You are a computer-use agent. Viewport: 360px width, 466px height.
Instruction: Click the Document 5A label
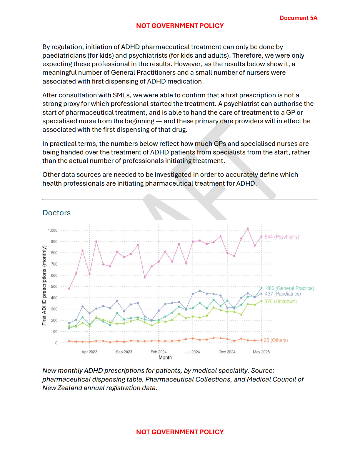tap(298, 18)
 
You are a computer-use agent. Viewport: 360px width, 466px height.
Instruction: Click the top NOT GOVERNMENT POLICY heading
tap(180, 26)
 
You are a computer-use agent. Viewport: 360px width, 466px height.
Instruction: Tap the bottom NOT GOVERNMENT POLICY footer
tap(180, 432)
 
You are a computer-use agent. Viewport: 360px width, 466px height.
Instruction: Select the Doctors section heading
tap(56, 213)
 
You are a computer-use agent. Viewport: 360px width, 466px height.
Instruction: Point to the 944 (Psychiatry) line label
tap(282, 237)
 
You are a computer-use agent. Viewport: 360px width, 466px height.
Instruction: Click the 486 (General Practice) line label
tap(290, 288)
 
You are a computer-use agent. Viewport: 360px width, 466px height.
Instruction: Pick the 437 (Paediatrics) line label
tap(283, 294)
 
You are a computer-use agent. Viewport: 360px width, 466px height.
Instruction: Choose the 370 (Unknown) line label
tap(281, 301)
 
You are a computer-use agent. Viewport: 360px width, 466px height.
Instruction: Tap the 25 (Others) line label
tap(276, 340)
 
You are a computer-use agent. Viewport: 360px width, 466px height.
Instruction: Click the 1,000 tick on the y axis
tap(53, 230)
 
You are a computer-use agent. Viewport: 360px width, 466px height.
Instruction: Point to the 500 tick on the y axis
tap(54, 287)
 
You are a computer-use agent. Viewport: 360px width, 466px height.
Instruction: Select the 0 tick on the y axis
tap(56, 343)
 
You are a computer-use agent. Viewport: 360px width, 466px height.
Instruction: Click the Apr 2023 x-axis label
tap(89, 352)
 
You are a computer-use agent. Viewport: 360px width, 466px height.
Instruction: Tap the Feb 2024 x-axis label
tap(159, 352)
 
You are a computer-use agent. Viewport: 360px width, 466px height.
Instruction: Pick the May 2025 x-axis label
tap(261, 352)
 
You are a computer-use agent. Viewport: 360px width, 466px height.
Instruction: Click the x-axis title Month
tap(165, 357)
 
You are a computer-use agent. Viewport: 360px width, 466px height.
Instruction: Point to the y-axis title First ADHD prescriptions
tap(44, 285)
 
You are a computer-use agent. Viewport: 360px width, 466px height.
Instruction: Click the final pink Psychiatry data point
tap(261, 237)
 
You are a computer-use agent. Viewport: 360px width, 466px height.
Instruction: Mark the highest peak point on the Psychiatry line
tap(248, 229)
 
